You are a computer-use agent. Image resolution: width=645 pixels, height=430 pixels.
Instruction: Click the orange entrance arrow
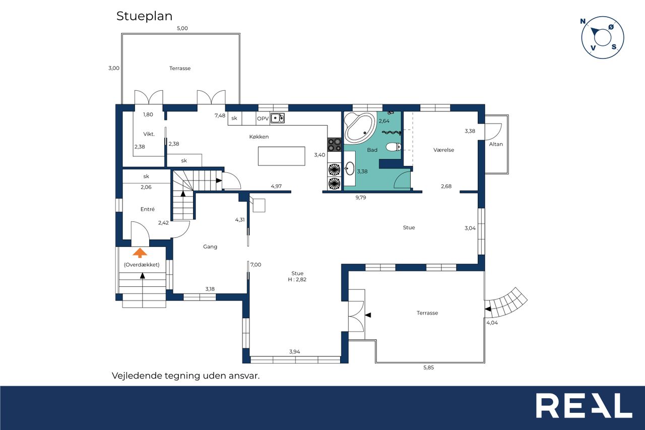tap(140, 253)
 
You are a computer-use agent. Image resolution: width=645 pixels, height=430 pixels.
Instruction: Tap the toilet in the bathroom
tap(394, 147)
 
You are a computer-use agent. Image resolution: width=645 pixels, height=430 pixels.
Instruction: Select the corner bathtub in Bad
tap(360, 128)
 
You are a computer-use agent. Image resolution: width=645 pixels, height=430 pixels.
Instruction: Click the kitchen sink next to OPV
tap(277, 118)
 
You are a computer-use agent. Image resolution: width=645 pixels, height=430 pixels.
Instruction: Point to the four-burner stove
tap(334, 145)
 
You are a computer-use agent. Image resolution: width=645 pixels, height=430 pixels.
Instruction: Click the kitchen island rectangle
tap(281, 156)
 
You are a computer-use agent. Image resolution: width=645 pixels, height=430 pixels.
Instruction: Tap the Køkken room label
tap(259, 137)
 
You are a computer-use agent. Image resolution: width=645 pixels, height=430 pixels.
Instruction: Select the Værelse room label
tap(443, 150)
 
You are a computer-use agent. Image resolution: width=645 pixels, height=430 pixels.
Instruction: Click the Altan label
tap(496, 144)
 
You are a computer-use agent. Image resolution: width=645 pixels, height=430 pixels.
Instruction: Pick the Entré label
tap(148, 209)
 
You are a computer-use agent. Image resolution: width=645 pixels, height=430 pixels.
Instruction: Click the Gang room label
tap(210, 247)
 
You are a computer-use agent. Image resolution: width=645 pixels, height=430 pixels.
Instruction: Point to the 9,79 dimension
tap(360, 198)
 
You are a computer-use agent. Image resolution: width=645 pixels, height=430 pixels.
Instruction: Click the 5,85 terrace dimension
tap(428, 367)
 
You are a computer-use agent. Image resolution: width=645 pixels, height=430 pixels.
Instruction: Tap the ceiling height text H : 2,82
tap(297, 279)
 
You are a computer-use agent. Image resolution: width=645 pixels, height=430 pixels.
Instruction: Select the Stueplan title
tap(144, 17)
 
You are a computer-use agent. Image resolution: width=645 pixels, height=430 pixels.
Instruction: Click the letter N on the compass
tap(583, 21)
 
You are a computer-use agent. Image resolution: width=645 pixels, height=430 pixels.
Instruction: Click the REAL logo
tap(584, 405)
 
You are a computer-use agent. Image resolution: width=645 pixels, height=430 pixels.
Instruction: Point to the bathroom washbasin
tap(350, 168)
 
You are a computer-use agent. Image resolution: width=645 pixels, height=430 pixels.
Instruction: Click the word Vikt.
tap(149, 134)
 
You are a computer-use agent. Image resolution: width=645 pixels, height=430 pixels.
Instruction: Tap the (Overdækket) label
tap(142, 265)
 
